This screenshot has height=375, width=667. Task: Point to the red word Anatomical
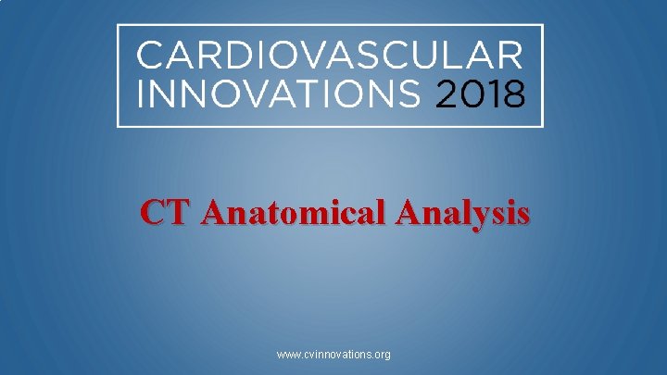click(x=294, y=214)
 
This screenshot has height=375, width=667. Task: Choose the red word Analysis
click(x=463, y=214)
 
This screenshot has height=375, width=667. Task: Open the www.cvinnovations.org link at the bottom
click(x=333, y=355)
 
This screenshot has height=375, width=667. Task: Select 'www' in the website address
click(x=287, y=355)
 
